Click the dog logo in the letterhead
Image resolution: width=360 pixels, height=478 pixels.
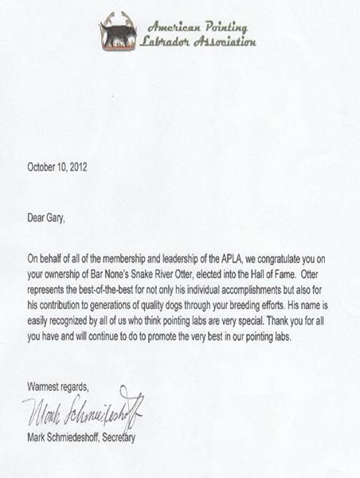click(x=118, y=33)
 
